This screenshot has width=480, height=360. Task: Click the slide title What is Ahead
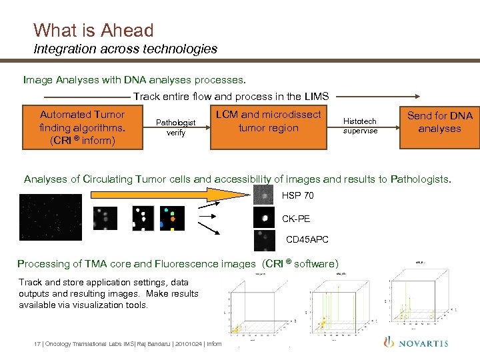pyautogui.click(x=93, y=30)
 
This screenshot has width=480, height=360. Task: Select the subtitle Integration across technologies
pyautogui.click(x=125, y=49)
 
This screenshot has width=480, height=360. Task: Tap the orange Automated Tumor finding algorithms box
pyautogui.click(x=83, y=127)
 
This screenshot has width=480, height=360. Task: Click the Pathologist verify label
pyautogui.click(x=175, y=127)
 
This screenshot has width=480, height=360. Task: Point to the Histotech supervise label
pyautogui.click(x=360, y=126)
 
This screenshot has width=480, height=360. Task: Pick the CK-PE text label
pyautogui.click(x=296, y=218)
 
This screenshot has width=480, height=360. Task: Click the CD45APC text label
pyautogui.click(x=307, y=239)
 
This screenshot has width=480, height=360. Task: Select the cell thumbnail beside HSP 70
pyautogui.click(x=265, y=195)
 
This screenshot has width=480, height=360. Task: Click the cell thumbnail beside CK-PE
pyautogui.click(x=265, y=218)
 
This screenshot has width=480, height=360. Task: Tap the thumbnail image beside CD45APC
pyautogui.click(x=265, y=240)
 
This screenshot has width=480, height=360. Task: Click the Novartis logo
pyautogui.click(x=417, y=343)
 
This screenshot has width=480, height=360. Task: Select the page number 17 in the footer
pyautogui.click(x=37, y=344)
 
